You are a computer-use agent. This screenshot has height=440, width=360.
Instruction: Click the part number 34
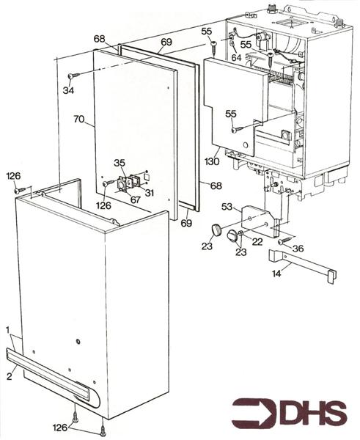point(68,90)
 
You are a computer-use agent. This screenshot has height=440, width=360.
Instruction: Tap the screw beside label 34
point(73,76)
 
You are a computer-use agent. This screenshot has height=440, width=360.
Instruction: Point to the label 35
point(119,164)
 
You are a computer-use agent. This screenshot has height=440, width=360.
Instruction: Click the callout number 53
point(227,208)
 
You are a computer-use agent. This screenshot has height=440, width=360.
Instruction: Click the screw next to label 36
point(283,241)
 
